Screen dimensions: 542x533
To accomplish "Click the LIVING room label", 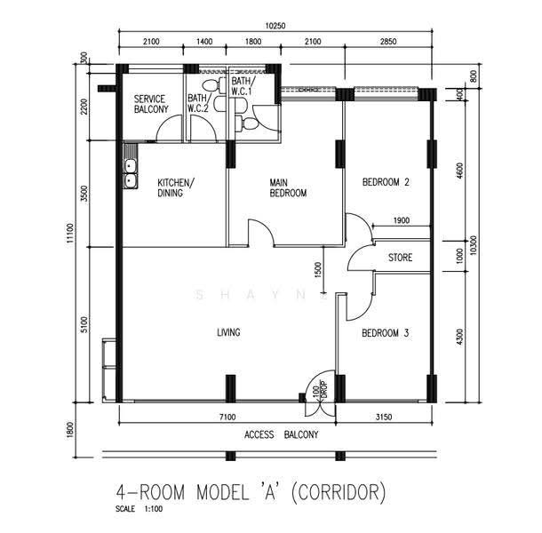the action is pyautogui.click(x=228, y=332).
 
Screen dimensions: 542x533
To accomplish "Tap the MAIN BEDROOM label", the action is pyautogui.click(x=288, y=187).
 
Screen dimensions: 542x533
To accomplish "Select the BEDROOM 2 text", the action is pyautogui.click(x=386, y=182).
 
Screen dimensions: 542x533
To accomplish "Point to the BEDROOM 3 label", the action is pyautogui.click(x=385, y=333).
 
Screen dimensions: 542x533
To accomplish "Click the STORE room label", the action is pyautogui.click(x=400, y=258).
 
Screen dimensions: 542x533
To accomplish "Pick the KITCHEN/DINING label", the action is pyautogui.click(x=176, y=187).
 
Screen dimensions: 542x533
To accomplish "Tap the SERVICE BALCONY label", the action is pyautogui.click(x=151, y=104).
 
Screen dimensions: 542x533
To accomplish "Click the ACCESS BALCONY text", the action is pyautogui.click(x=281, y=434).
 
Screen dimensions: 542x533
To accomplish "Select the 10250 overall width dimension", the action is pyautogui.click(x=275, y=26).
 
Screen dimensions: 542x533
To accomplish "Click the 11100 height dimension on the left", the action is pyautogui.click(x=70, y=234).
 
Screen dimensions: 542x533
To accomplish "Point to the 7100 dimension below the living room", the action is pyautogui.click(x=227, y=417).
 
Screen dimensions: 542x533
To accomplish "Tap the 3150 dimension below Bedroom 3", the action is pyautogui.click(x=384, y=417).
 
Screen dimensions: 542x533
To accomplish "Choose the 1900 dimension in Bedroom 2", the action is pyautogui.click(x=402, y=220).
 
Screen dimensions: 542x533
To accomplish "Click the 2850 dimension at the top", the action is pyautogui.click(x=388, y=42).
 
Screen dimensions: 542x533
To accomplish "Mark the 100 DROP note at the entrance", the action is pyautogui.click(x=320, y=389).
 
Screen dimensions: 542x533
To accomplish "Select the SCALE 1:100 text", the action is pyautogui.click(x=139, y=509).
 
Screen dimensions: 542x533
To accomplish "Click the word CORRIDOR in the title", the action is pyautogui.click(x=339, y=492).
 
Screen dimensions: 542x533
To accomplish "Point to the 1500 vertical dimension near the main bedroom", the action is pyautogui.click(x=318, y=270).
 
